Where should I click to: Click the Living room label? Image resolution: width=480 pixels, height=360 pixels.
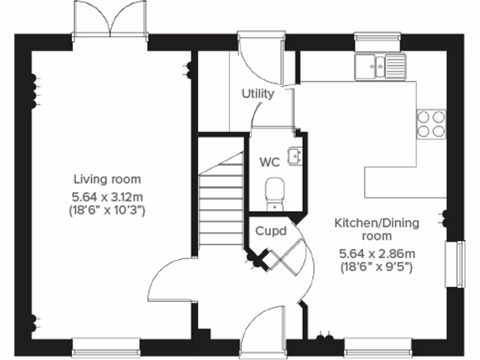tap(107, 179)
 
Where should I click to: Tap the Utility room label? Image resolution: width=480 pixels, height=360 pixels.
tap(257, 94)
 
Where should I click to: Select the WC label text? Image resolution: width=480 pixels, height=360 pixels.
tap(270, 163)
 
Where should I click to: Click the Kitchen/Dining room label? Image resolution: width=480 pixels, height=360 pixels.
tap(376, 229)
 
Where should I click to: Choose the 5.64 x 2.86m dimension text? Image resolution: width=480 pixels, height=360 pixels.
tap(377, 254)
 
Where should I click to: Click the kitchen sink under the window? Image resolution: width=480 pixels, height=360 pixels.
tap(380, 66)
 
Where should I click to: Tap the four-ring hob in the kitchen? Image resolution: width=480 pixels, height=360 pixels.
tap(431, 124)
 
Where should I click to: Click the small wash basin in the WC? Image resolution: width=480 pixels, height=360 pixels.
tap(295, 156)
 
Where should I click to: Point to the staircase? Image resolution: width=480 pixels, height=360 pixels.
tap(220, 202)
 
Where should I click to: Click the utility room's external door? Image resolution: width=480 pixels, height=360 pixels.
tap(261, 59)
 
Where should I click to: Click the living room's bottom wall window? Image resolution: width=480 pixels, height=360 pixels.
tap(106, 347)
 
